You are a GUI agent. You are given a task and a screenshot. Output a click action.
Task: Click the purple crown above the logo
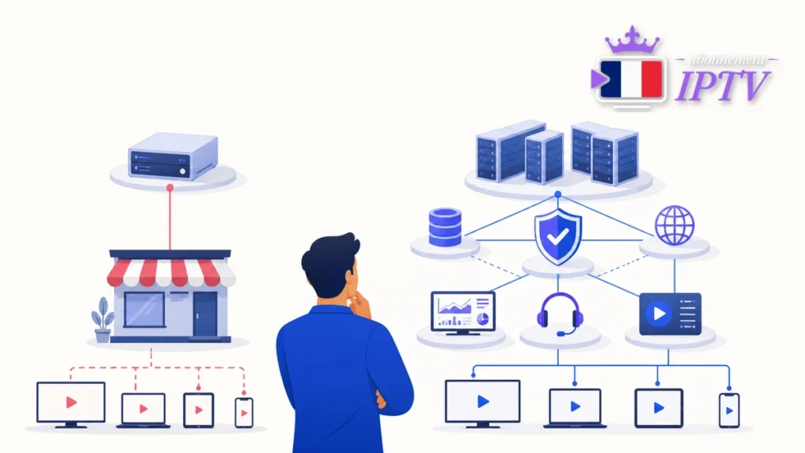click(632, 40)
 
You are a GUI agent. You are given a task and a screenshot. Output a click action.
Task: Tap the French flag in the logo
click(631, 79)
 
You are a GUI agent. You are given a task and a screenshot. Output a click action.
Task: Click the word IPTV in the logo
click(723, 85)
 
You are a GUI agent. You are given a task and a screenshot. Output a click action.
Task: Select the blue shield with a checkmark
click(558, 237)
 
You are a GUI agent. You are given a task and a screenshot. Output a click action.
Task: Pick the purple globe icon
click(675, 226)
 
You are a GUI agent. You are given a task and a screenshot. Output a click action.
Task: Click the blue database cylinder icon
click(445, 227)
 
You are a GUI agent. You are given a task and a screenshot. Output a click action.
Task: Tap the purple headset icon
click(560, 314)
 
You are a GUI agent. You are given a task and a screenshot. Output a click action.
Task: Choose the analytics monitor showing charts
click(463, 313)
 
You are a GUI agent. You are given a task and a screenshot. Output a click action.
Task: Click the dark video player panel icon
click(670, 313)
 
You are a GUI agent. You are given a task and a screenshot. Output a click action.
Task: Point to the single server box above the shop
click(173, 156)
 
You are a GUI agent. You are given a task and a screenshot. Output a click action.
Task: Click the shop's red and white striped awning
click(171, 271)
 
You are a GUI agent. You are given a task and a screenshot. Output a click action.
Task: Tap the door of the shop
click(206, 314)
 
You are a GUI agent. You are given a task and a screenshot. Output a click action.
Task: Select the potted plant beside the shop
click(103, 319)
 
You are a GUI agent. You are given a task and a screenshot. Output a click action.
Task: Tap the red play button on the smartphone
click(244, 413)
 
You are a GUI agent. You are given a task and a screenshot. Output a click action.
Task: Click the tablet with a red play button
click(199, 410)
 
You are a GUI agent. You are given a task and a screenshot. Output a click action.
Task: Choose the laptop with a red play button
click(143, 411)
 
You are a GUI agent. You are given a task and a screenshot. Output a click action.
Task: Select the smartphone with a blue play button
click(729, 411)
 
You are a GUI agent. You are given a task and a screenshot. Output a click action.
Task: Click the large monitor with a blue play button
click(483, 403)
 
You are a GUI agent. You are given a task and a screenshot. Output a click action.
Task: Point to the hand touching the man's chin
click(360, 303)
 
